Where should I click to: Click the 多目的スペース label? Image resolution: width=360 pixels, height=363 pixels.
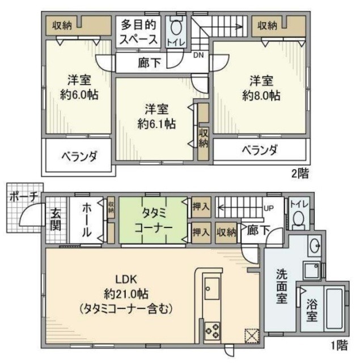tap(138, 33)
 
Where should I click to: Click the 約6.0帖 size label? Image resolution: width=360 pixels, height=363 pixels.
tap(79, 94)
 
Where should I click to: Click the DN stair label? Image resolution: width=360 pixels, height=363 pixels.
tap(198, 56)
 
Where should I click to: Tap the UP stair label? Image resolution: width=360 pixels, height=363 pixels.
tap(271, 207)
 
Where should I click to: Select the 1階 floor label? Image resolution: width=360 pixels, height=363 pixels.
tap(338, 344)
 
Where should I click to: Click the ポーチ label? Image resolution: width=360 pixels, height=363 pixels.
tap(23, 196)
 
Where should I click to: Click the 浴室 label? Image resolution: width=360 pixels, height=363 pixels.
tap(312, 310)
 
